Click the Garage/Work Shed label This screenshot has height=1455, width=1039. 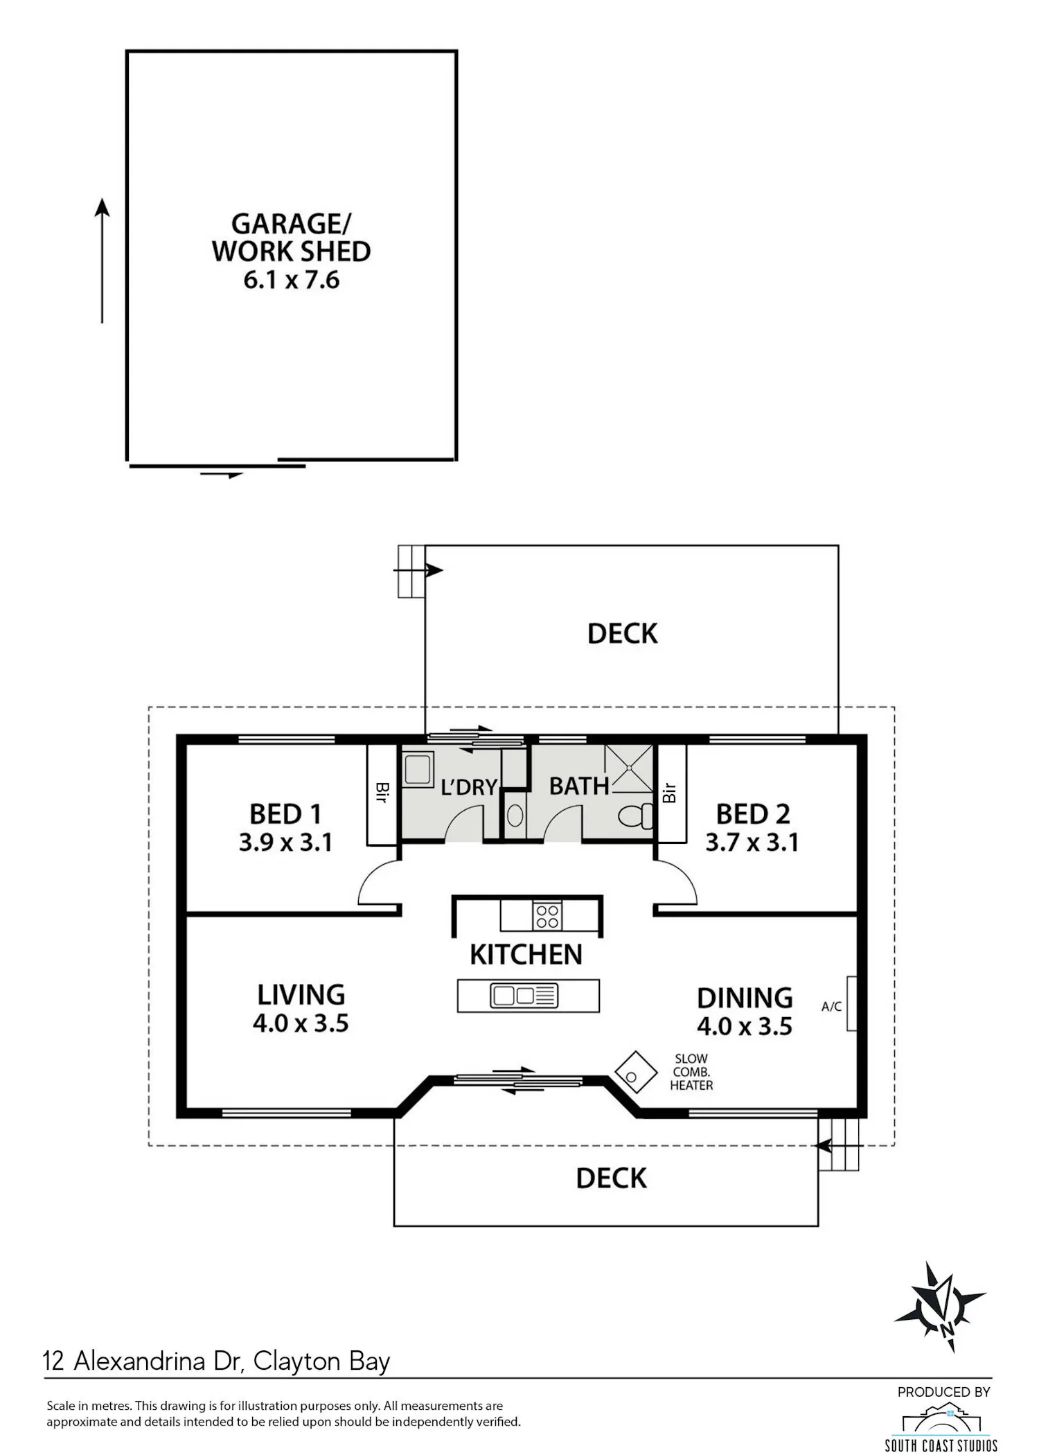click(291, 238)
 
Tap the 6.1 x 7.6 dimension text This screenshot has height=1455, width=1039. click(292, 280)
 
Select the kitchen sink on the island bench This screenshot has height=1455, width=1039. click(524, 996)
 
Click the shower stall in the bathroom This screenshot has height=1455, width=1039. click(629, 768)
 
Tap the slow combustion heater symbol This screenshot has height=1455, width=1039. click(635, 1073)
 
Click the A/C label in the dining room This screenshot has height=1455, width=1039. click(831, 1006)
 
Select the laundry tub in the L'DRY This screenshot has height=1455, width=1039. click(418, 769)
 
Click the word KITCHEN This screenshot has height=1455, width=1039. click(526, 955)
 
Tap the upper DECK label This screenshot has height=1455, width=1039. click(622, 634)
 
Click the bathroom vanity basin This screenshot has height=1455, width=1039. click(515, 815)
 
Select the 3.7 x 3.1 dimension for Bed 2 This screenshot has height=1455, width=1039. click(752, 843)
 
